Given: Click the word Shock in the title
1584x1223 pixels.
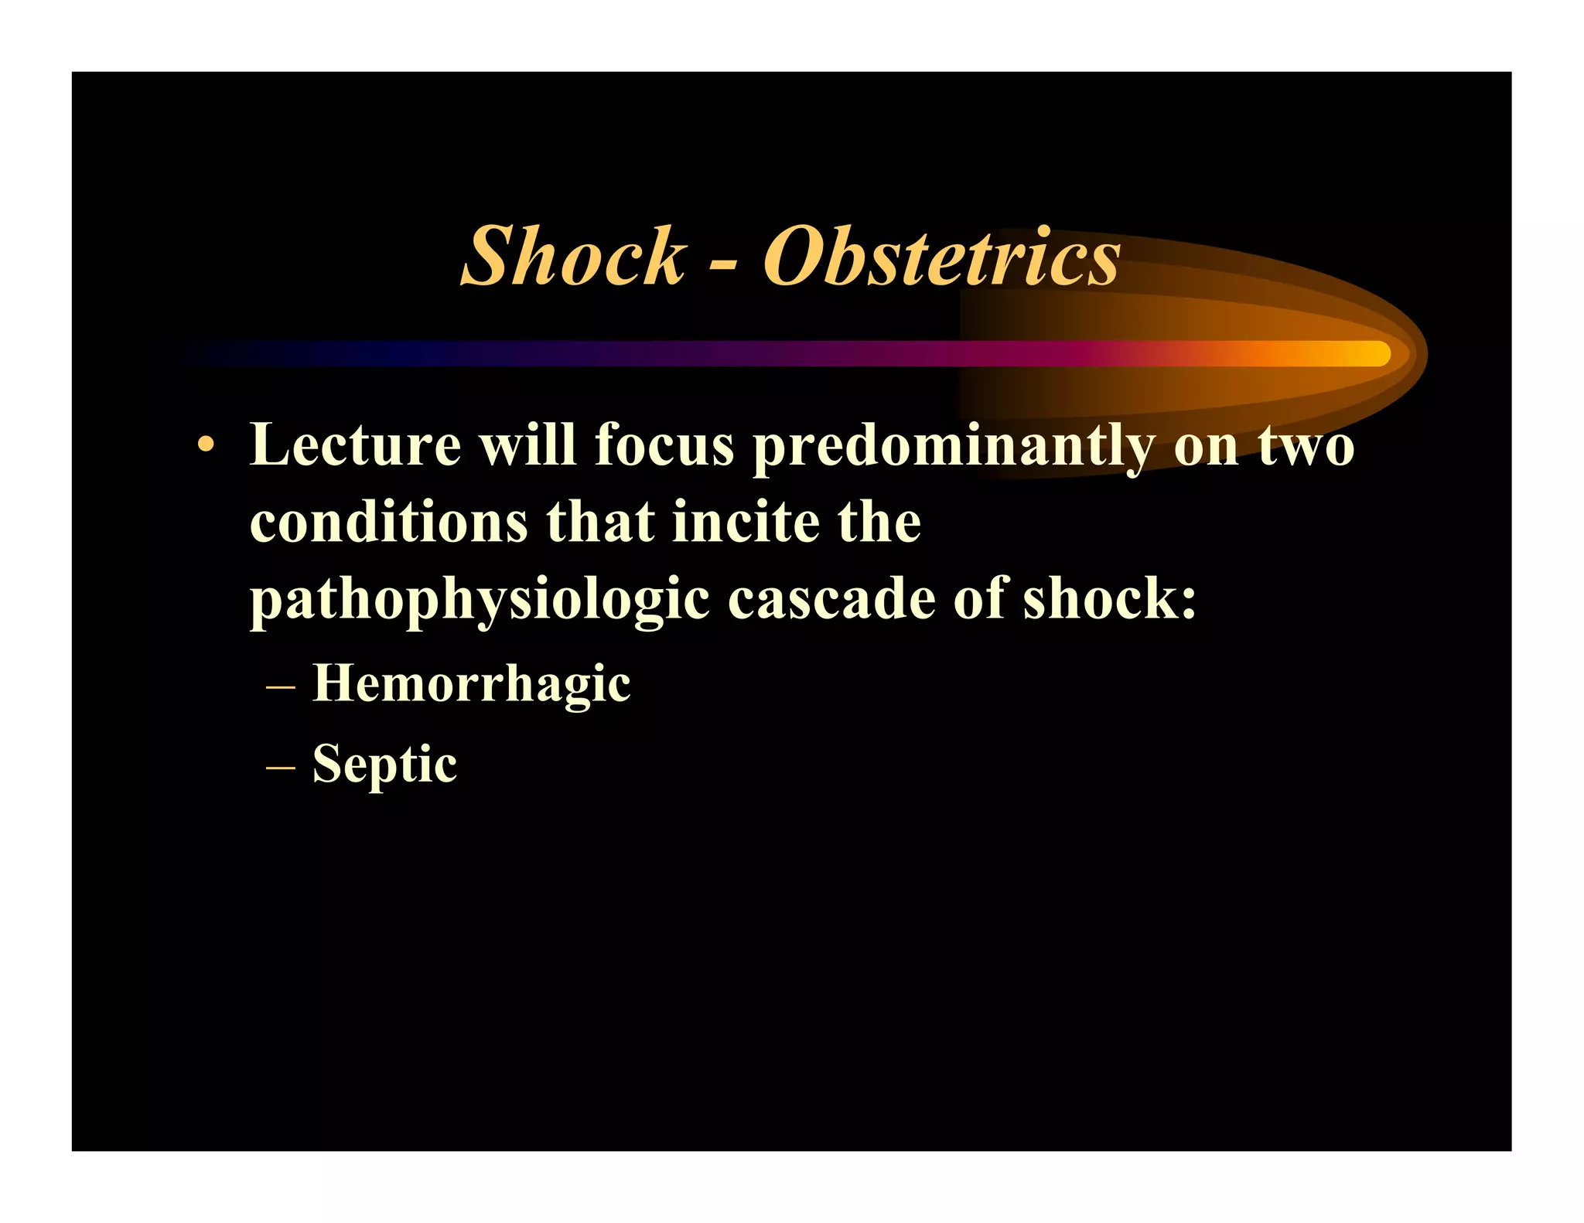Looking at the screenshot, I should pos(573,257).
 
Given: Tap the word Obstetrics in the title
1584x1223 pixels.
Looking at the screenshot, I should pos(941,257).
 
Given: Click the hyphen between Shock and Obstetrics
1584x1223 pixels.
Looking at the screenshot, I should pos(722,267).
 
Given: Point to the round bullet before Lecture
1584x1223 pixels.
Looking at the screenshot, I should pos(205,445).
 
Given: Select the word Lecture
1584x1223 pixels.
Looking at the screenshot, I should pos(355,445).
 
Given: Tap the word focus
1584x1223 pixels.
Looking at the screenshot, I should pos(664,445).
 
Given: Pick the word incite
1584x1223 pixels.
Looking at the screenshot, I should pos(746,523).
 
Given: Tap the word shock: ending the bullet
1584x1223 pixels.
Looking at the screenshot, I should pos(1109,600).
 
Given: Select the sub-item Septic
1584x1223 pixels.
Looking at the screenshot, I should pos(384,764).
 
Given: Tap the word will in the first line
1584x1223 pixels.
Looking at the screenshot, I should pos(528,445).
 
